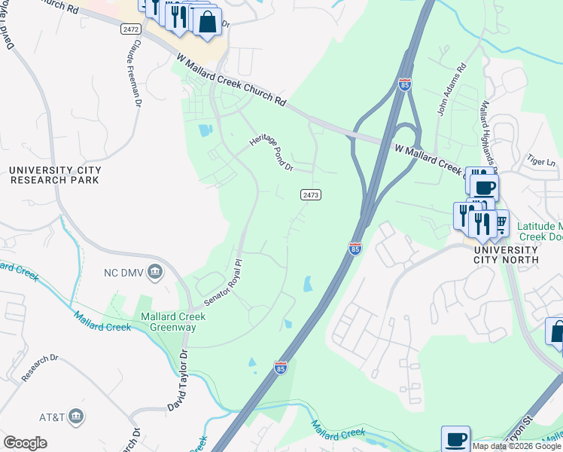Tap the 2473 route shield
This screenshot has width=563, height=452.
point(311,194)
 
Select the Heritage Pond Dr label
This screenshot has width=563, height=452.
point(271,154)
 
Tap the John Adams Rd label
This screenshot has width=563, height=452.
point(451,90)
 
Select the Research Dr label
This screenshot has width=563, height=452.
point(40,367)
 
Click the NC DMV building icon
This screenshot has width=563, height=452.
point(155,271)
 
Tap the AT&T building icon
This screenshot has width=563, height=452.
point(75,416)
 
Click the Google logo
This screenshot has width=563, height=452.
point(25,443)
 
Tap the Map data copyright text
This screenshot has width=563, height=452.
point(516,446)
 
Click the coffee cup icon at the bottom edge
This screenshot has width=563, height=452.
point(455,438)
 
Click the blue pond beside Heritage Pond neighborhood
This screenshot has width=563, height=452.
point(205,130)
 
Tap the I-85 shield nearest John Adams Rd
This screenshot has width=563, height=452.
point(405,84)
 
